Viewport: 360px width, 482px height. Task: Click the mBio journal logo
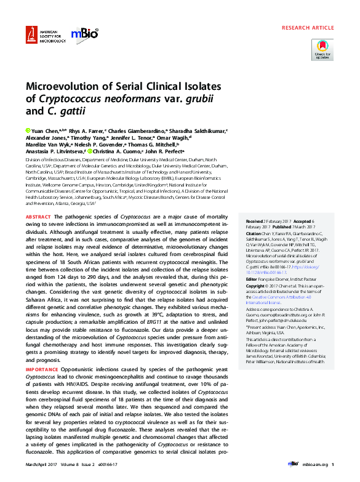(84, 34)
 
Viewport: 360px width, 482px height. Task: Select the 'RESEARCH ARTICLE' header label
(308, 28)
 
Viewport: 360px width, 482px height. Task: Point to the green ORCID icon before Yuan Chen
(28, 131)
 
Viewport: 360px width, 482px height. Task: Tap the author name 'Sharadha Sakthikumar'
(199, 131)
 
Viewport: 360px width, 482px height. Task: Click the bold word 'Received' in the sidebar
(255, 220)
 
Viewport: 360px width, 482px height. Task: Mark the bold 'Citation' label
(254, 235)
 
